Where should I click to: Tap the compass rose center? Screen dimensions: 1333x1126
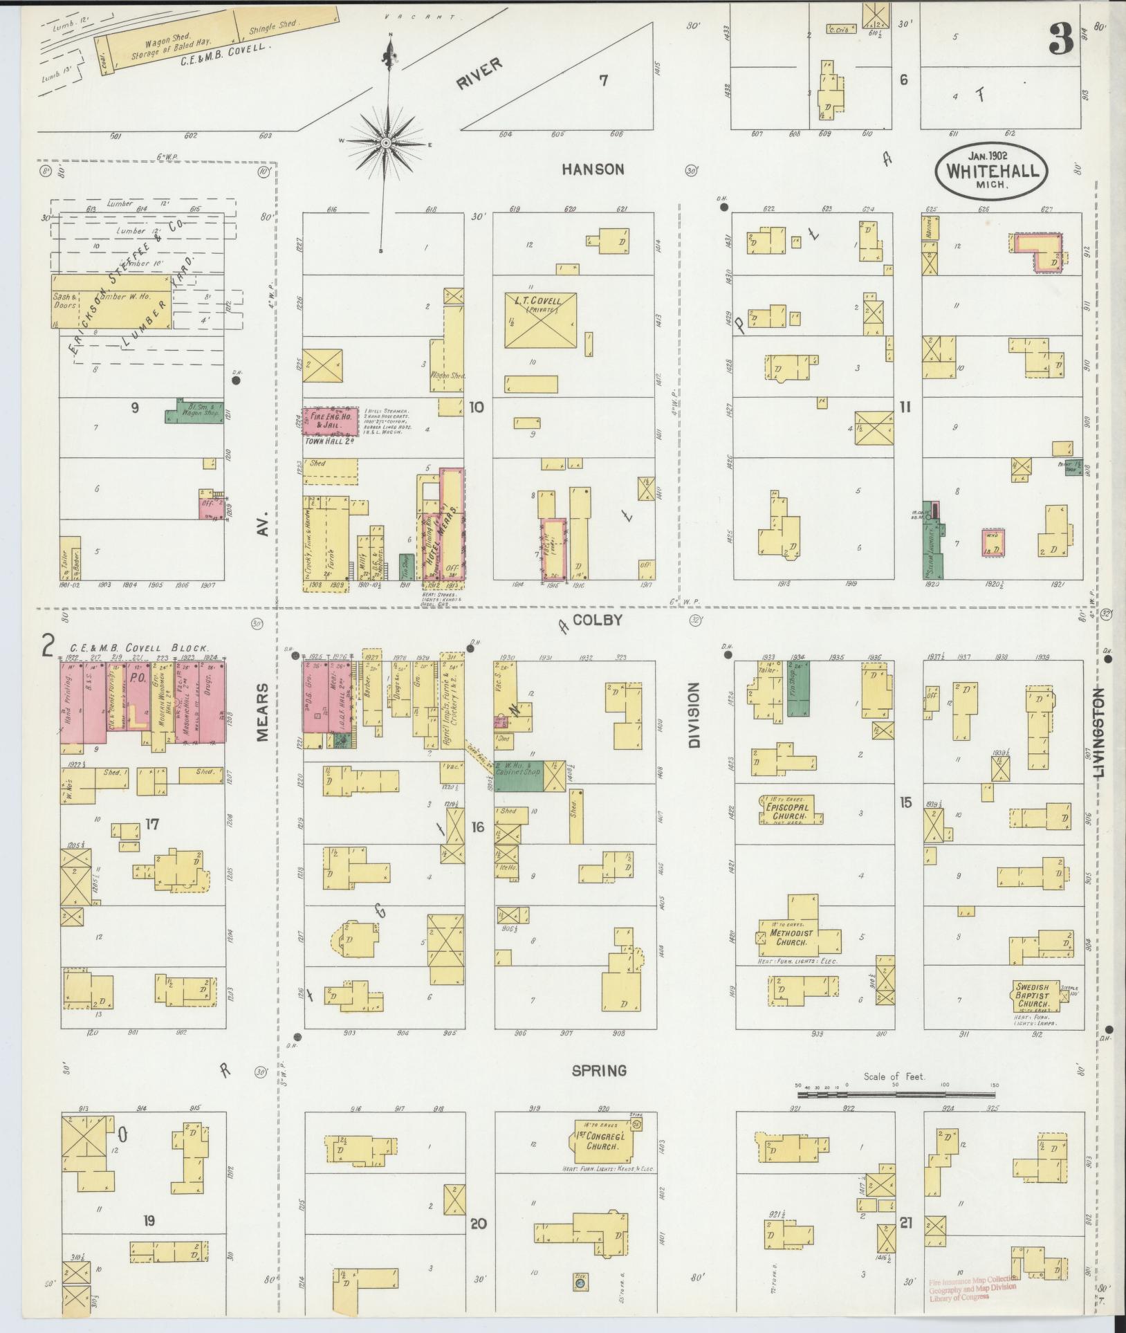(x=386, y=142)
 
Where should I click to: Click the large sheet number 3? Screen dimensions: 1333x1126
(x=1060, y=39)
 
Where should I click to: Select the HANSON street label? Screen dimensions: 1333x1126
(x=593, y=169)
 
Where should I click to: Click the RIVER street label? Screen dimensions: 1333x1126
(x=479, y=74)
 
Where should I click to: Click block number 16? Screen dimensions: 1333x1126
(x=478, y=827)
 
